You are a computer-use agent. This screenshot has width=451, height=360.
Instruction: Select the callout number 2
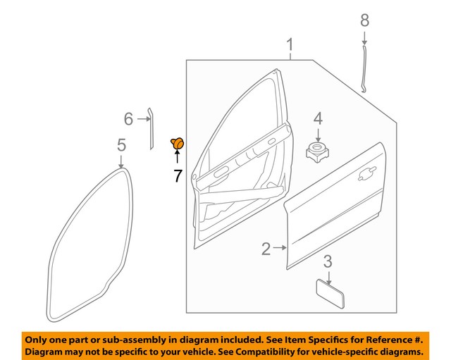click(266, 248)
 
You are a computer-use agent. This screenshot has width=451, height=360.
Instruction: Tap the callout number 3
click(328, 263)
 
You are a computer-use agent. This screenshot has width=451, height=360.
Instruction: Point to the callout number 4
click(318, 118)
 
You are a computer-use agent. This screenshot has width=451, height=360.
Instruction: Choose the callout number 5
click(121, 146)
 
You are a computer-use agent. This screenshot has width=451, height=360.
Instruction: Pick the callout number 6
click(128, 118)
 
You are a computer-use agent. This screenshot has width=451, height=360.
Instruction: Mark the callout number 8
click(364, 20)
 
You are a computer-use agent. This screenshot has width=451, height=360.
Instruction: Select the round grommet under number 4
click(317, 151)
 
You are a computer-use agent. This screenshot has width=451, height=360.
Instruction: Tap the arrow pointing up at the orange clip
click(177, 158)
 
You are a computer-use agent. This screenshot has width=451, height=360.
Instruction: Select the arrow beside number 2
click(280, 248)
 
